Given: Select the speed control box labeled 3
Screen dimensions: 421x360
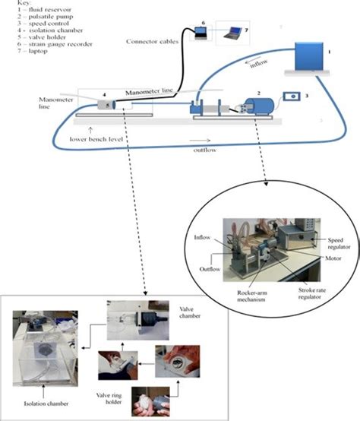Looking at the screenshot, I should point(291,98).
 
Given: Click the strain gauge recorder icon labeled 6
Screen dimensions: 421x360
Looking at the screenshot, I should point(202,30).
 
